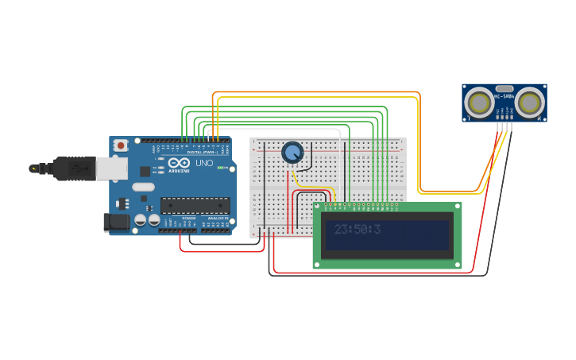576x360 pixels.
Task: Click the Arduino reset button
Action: [121, 145]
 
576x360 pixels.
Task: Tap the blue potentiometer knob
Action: [292, 153]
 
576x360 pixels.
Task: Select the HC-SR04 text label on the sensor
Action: [504, 96]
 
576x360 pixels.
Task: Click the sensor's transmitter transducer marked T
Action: [479, 103]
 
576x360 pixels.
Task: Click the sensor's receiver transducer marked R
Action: [529, 103]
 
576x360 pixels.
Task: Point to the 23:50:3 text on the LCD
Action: [358, 230]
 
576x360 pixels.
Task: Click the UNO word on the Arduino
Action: [204, 163]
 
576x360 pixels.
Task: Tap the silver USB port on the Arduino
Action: [111, 168]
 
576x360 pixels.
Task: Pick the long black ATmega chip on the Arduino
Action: [195, 206]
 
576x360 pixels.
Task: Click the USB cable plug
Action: [76, 168]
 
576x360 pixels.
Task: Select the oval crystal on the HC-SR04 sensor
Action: [504, 88]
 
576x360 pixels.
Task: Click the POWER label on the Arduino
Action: [188, 217]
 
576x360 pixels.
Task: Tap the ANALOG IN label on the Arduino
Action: [218, 217]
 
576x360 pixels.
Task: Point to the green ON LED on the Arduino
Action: [219, 168]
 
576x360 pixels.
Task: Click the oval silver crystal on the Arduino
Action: [143, 188]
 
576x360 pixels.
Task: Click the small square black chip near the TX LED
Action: [145, 171]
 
